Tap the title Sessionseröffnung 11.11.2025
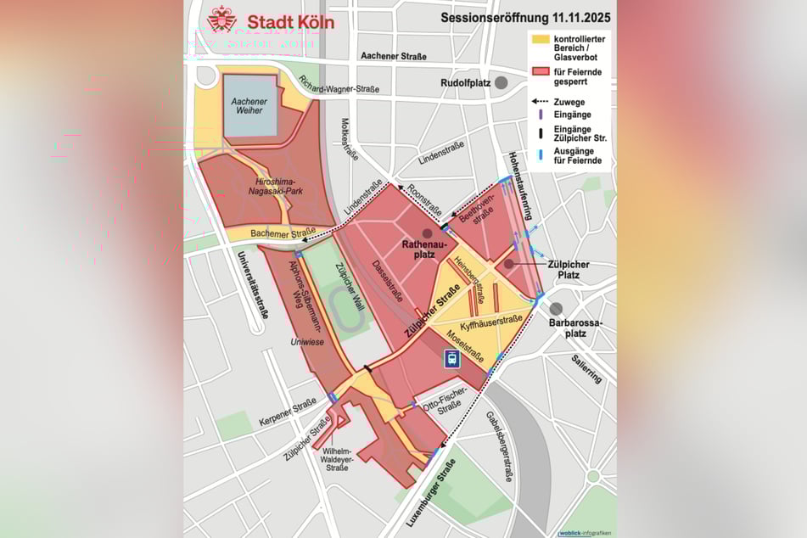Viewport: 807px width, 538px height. [x=524, y=16]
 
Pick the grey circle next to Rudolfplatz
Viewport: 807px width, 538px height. [x=502, y=82]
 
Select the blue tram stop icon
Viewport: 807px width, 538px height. [x=453, y=359]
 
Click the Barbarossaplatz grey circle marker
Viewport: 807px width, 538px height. [x=556, y=310]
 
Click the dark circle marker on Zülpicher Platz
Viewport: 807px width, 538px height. [x=507, y=264]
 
